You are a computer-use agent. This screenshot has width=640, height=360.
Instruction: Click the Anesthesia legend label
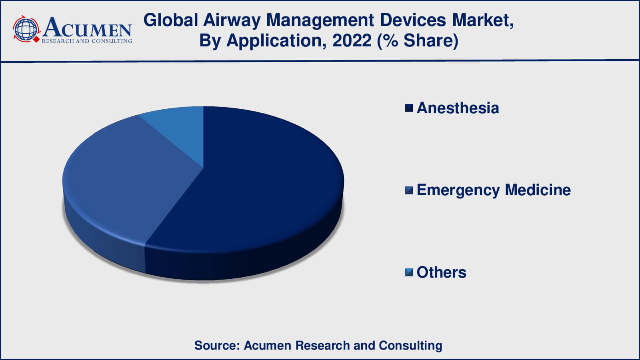(458, 108)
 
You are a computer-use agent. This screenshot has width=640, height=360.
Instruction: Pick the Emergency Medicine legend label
(493, 190)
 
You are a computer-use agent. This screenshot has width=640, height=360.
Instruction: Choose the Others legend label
(441, 272)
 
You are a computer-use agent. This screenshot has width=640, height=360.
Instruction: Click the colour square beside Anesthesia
(409, 108)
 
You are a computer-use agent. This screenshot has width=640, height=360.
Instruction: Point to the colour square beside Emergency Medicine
(409, 190)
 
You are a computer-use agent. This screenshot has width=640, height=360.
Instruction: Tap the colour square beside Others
(409, 272)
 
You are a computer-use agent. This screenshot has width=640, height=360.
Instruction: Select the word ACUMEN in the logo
(87, 28)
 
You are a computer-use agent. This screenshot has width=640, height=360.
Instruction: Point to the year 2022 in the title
(352, 40)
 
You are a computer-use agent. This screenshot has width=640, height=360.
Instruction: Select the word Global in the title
(171, 20)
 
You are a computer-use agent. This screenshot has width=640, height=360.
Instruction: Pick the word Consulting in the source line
(410, 345)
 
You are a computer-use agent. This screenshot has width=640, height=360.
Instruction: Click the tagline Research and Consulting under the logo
(87, 41)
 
